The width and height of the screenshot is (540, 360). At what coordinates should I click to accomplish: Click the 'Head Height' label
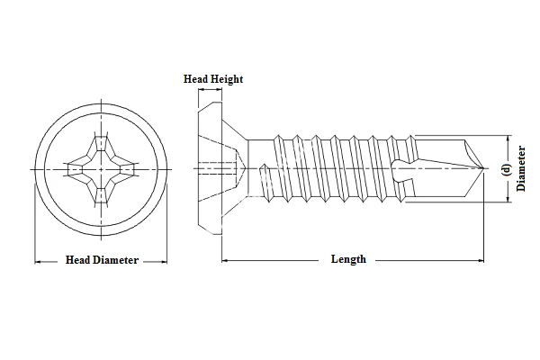[x=213, y=79]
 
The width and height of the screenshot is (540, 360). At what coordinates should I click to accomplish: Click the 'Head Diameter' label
[x=102, y=260]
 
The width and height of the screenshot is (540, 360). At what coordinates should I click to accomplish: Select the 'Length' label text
[x=348, y=259]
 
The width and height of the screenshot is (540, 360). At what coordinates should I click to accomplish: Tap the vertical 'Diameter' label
[x=522, y=168]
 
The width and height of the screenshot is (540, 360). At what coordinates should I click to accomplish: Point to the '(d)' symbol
[x=506, y=168]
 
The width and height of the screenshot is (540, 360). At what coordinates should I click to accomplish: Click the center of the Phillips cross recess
[x=101, y=167]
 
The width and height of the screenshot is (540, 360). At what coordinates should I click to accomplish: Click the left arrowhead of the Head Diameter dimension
[x=38, y=261]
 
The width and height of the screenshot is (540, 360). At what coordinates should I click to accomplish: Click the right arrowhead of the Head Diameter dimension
[x=165, y=261]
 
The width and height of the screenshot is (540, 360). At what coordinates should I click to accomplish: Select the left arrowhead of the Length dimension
[x=224, y=260]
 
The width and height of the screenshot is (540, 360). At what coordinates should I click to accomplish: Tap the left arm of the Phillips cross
[x=76, y=167]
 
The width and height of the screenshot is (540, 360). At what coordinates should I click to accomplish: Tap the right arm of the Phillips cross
[x=126, y=167]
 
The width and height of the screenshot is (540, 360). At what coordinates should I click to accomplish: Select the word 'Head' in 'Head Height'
[x=197, y=79]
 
